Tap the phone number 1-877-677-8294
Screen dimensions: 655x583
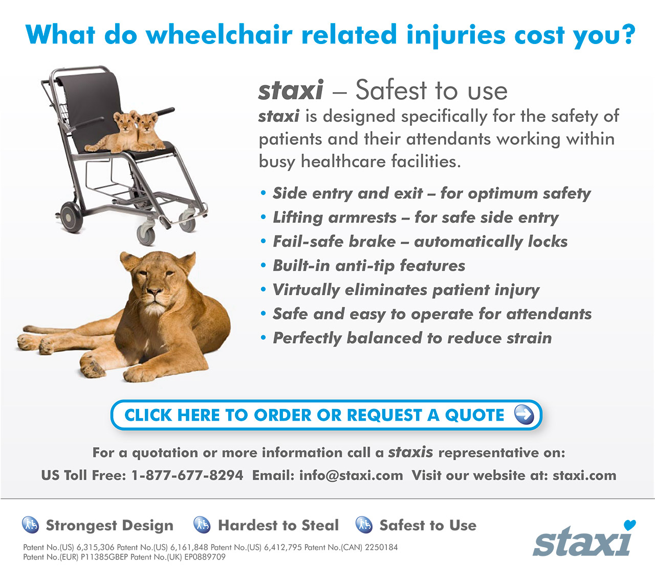[x=187, y=476]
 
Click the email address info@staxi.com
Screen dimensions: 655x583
[x=351, y=476]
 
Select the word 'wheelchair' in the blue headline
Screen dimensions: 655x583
[x=219, y=35]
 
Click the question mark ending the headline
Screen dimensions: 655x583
[x=628, y=34]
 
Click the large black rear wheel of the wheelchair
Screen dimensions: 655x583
[x=71, y=217]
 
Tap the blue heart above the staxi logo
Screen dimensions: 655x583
[x=629, y=525]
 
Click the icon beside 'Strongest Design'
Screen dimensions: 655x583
[x=30, y=525]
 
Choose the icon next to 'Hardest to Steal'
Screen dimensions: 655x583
[x=202, y=525]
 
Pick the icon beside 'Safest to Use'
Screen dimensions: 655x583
[x=364, y=525]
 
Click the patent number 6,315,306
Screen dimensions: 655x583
[x=95, y=547]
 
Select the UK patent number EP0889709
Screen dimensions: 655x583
[x=205, y=557]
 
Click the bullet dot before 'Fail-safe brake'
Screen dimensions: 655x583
[x=263, y=241]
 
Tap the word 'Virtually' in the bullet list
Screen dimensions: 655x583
[x=306, y=290]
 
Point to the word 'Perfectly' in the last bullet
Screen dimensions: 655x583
[x=307, y=338]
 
